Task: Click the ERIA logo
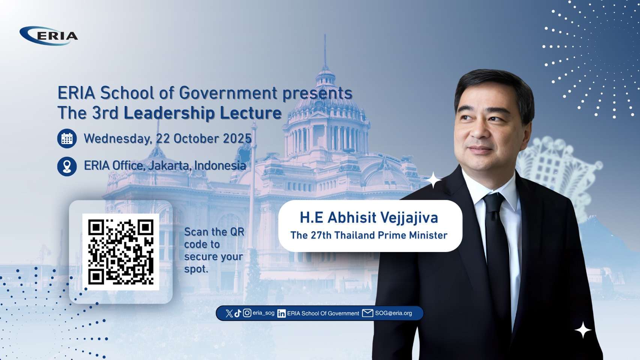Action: tap(48, 36)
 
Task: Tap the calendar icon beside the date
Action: tap(67, 139)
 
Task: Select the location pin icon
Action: tap(67, 166)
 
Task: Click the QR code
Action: tap(120, 252)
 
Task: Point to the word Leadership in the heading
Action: tap(169, 113)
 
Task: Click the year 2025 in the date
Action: tap(237, 139)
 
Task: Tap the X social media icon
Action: tap(229, 313)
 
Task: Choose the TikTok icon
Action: tap(238, 313)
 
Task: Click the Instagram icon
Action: tap(247, 313)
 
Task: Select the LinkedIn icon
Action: tap(281, 313)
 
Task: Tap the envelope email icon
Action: tap(367, 313)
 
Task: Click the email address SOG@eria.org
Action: tap(394, 313)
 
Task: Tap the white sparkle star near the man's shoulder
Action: tap(433, 180)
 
